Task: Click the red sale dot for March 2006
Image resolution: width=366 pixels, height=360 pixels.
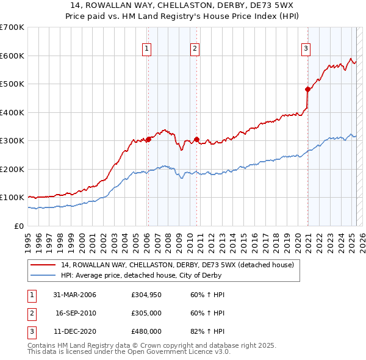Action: point(148,139)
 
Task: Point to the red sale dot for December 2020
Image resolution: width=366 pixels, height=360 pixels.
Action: point(308,90)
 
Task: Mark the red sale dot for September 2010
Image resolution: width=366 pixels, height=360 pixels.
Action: point(196,139)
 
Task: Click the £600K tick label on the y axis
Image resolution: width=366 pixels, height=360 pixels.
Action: point(12,56)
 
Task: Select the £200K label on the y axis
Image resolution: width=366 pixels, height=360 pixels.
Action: point(12,169)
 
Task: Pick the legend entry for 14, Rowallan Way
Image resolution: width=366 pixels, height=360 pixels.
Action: point(177,265)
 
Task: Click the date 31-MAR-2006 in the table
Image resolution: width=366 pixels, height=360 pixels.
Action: point(74,295)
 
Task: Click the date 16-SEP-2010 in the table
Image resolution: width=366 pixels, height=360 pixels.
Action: point(76,313)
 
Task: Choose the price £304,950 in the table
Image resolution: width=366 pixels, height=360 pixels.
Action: point(146,295)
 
